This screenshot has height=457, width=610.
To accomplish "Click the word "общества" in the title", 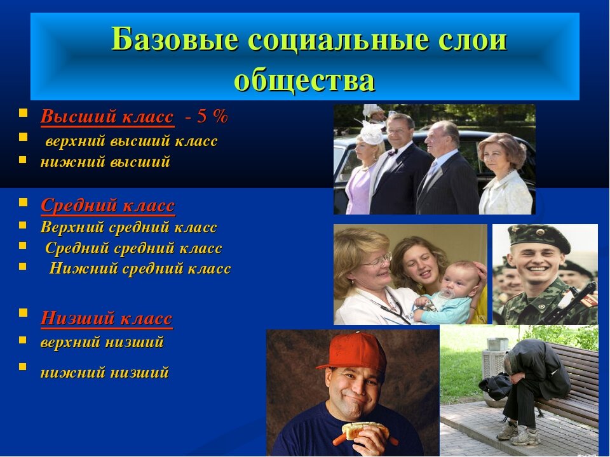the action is tap(304, 81).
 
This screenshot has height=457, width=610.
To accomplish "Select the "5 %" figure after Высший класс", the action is tap(212, 116).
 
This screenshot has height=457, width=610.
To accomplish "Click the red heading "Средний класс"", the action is tap(108, 205).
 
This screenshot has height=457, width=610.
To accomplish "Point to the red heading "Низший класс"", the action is tap(106, 318).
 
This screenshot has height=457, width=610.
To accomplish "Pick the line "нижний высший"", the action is tap(105, 161).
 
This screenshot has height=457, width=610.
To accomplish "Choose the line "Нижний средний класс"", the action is tap(140, 268).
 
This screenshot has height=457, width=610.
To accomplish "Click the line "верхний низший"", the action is tap(102, 342).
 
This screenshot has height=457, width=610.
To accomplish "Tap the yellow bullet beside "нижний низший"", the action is tap(23, 367).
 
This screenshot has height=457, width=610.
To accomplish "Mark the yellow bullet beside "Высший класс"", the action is tap(23, 113).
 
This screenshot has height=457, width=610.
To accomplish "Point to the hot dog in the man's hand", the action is tap(362, 432).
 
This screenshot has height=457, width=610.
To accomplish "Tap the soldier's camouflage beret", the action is tap(540, 236).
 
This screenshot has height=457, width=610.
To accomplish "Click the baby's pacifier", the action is tap(445, 293).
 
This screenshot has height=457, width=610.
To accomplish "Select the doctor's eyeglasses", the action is tap(376, 261).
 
